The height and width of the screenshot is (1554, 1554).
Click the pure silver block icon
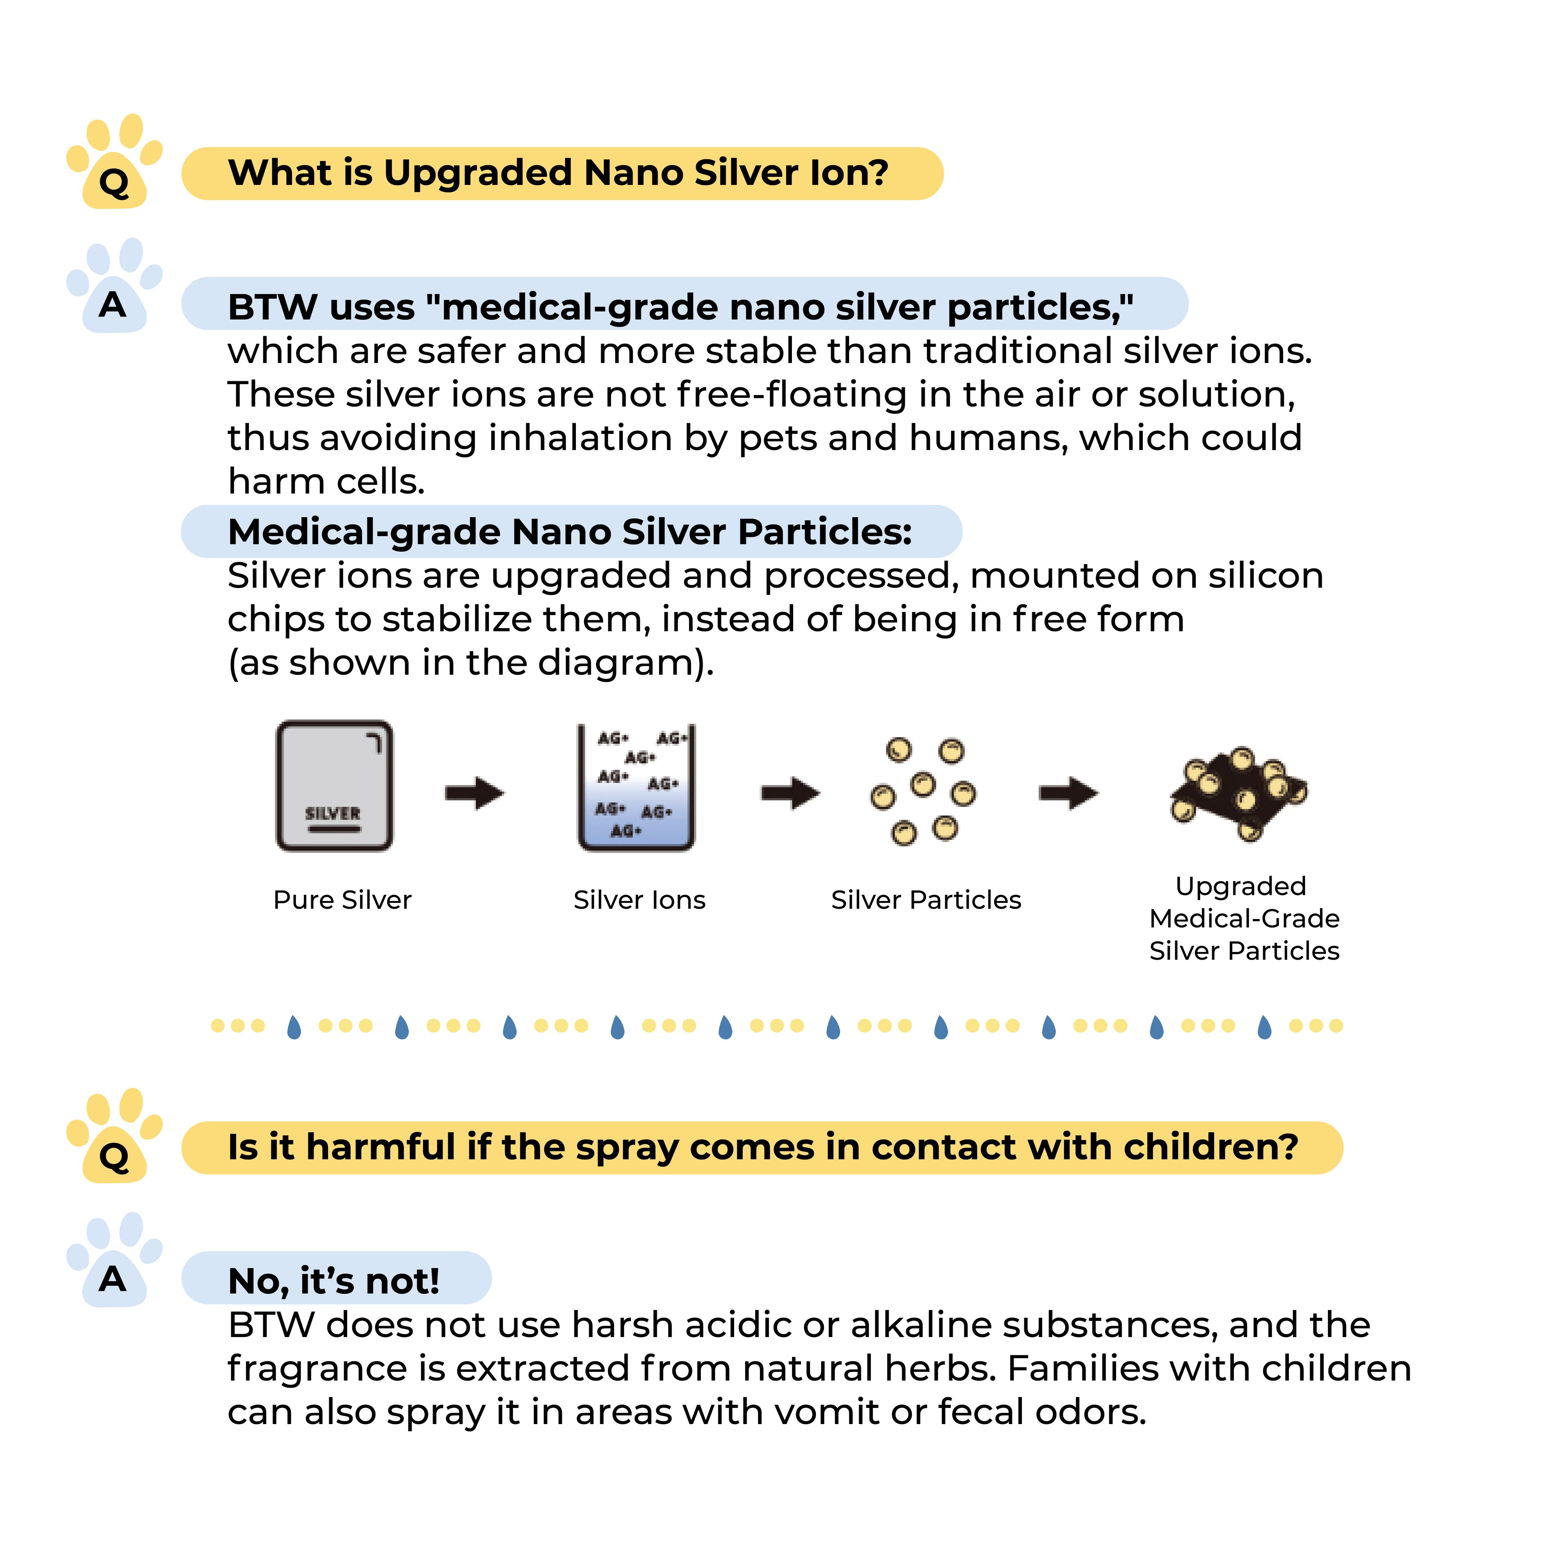click(x=335, y=786)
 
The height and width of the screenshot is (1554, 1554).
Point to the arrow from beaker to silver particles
click(x=791, y=793)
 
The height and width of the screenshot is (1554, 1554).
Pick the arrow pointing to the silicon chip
click(x=1068, y=793)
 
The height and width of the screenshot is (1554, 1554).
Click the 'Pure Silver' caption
click(x=343, y=900)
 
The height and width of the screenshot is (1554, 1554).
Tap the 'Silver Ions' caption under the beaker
click(x=639, y=900)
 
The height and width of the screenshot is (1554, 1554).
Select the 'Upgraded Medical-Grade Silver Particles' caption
click(x=1244, y=919)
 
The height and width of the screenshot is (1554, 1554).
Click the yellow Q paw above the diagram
click(x=114, y=162)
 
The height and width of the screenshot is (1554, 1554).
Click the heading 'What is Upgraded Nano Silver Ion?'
click(x=558, y=173)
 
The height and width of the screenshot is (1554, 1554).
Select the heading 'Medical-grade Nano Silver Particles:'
click(x=570, y=532)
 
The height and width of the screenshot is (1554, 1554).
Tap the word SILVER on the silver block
click(x=333, y=813)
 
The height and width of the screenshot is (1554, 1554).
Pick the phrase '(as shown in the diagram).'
click(x=471, y=663)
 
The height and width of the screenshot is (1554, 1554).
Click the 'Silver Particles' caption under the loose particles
click(x=926, y=900)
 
